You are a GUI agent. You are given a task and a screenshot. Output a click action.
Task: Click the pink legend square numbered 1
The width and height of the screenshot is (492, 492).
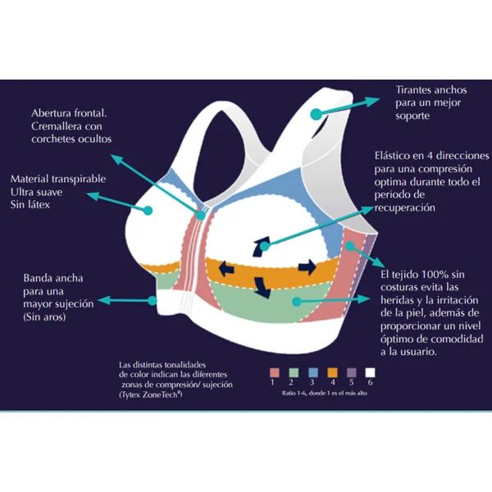(x=275, y=372)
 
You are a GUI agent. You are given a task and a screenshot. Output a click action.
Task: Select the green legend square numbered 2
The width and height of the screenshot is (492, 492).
(x=294, y=372)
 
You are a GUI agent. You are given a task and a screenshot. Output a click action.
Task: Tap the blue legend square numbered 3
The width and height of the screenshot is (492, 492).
(x=313, y=372)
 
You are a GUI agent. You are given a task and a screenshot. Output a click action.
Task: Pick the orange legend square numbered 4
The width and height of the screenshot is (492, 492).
(x=332, y=372)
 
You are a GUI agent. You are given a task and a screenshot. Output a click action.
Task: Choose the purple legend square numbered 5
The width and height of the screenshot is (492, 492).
(x=352, y=372)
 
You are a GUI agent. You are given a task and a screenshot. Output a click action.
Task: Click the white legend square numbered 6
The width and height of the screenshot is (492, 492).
(x=371, y=372)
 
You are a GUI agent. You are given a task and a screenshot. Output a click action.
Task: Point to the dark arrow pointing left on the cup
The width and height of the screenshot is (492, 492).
(x=226, y=269)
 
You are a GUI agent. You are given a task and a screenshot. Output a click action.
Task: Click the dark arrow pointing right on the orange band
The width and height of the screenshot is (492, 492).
(x=307, y=267)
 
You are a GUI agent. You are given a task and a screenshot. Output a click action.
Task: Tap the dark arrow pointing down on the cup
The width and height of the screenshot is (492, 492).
(x=262, y=287)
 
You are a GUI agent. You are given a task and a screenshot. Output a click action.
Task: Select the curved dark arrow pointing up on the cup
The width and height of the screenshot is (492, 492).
(x=260, y=247)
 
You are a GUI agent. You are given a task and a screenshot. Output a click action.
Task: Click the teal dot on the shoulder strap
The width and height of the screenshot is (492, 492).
(x=317, y=114)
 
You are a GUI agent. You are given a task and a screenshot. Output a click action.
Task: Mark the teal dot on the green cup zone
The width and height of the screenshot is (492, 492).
(x=296, y=302)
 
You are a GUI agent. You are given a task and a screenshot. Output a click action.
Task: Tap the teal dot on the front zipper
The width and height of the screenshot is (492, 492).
(x=201, y=215)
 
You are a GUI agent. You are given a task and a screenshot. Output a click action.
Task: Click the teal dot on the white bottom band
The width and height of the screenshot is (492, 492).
(x=153, y=301)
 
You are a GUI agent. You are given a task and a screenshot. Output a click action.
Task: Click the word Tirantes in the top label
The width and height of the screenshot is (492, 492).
(x=413, y=90)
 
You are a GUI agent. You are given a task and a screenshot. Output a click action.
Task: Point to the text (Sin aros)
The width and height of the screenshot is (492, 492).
(x=44, y=317)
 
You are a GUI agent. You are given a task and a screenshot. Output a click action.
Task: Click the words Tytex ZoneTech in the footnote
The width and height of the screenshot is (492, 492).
(x=150, y=394)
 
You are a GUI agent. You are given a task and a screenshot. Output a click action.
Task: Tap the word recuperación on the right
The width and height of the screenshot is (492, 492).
(x=405, y=207)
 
